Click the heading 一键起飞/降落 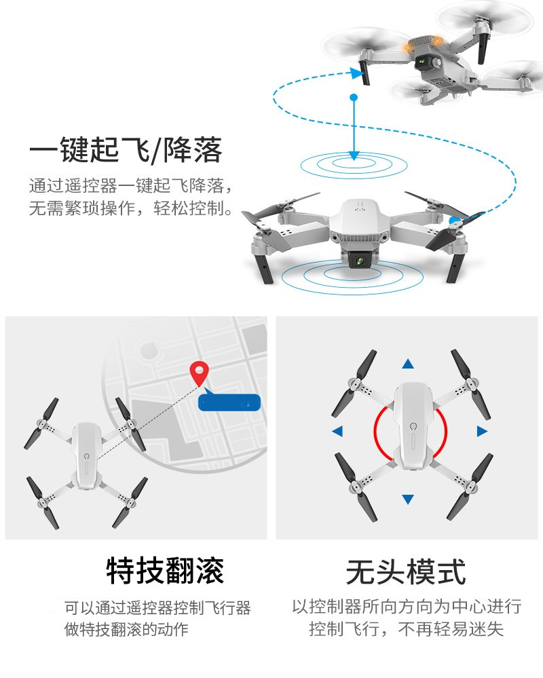126,150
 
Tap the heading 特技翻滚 165,571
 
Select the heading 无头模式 406,571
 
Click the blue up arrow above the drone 407,364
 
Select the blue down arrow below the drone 407,500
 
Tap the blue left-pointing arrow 337,431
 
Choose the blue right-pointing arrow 482,431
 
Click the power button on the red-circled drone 412,428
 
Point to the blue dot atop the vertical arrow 353,98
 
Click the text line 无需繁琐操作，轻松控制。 132,208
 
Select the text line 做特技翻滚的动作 126,629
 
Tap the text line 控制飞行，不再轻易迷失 406,629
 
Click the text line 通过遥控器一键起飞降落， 134,185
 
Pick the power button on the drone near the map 86,458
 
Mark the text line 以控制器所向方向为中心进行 407,606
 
